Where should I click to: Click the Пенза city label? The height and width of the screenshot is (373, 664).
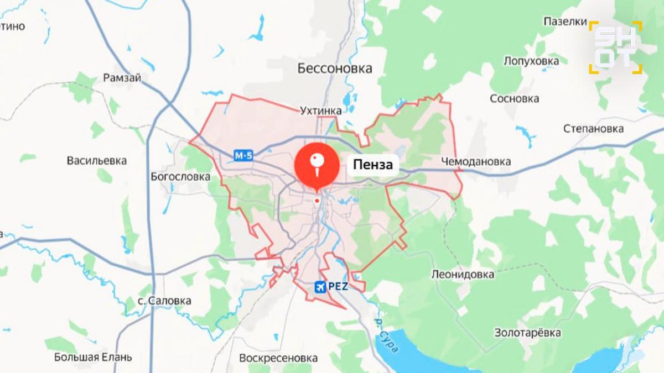373,165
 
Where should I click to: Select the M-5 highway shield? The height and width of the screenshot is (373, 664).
243,156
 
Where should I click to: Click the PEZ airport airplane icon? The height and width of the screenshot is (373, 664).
320,287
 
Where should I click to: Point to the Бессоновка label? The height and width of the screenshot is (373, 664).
335,69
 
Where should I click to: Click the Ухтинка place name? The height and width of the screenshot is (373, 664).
321,111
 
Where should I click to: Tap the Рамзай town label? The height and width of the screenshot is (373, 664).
122,78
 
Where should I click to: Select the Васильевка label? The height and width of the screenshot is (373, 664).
96,161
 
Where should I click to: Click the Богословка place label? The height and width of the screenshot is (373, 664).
180,177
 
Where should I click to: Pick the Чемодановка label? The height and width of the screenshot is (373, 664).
476,161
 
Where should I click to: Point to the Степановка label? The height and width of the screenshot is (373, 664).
593,129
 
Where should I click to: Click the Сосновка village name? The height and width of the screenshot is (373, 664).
514,99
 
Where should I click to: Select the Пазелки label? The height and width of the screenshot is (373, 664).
564,22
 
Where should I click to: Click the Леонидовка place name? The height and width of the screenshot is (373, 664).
463,274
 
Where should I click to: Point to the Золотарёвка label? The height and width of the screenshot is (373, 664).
527,333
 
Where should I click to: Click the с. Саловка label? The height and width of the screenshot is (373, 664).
164,301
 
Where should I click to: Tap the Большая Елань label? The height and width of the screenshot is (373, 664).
93,357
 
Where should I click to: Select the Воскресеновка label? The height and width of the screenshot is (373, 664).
278,358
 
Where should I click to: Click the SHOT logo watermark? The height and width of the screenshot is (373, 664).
615,48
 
